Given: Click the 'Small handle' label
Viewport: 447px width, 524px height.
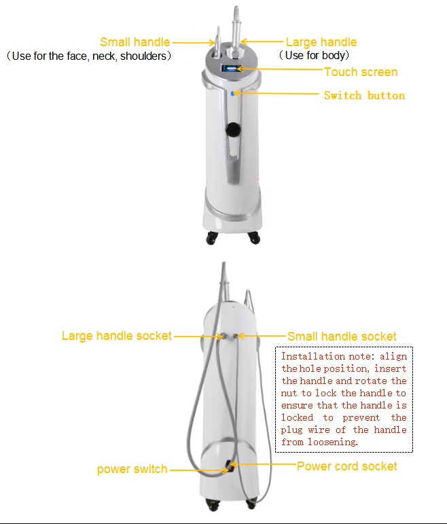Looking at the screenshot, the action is (x=135, y=42).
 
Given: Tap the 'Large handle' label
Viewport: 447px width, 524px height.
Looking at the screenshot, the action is (x=321, y=42).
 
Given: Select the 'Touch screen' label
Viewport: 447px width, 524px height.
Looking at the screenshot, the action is (x=361, y=72).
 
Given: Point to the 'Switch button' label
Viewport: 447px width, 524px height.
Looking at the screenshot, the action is (x=365, y=96).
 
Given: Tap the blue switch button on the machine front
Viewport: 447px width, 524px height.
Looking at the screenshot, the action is (x=232, y=94).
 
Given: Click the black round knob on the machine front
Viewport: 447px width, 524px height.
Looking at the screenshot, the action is (x=233, y=129).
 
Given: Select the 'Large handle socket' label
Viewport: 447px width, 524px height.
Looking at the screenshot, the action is (x=117, y=336).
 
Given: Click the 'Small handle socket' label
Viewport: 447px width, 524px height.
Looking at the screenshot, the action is (x=342, y=336).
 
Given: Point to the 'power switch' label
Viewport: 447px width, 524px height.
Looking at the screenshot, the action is (x=132, y=469).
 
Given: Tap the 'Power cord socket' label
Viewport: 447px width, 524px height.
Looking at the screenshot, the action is (x=347, y=466).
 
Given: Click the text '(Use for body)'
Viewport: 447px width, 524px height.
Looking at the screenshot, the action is (x=314, y=55).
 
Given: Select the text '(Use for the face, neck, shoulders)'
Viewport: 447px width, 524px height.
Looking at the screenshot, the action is (x=89, y=56).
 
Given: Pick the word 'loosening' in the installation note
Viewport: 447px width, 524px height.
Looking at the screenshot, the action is (x=332, y=442).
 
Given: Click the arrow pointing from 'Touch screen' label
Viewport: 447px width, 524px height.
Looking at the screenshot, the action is (x=280, y=69).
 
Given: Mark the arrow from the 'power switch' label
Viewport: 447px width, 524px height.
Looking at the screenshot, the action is (x=199, y=470).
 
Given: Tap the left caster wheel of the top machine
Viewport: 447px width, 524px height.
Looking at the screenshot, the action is (x=211, y=239).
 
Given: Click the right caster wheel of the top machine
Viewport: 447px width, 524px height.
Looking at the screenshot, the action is (x=254, y=238).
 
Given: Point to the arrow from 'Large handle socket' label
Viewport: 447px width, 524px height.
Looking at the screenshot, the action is (x=199, y=336).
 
